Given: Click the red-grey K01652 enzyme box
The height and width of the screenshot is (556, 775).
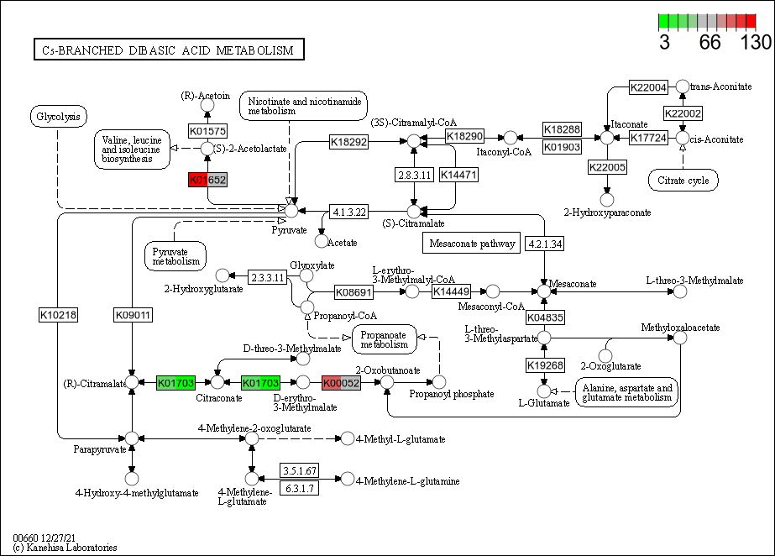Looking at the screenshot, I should [207, 180].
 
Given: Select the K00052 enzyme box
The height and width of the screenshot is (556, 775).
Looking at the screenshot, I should [341, 383].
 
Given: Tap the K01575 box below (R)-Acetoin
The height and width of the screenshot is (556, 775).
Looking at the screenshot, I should [207, 131].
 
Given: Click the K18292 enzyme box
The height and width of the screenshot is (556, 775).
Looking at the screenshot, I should [348, 142].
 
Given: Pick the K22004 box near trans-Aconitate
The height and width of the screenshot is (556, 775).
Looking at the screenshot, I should [648, 87].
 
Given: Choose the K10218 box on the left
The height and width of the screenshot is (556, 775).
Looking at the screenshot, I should [58, 315].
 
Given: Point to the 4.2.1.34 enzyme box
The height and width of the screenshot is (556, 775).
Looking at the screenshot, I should [544, 244].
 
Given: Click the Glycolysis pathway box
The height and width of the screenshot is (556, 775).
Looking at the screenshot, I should [58, 117].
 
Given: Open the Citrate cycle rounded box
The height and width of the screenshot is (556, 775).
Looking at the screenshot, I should [683, 180].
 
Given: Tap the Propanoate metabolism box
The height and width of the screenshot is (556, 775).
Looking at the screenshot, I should [385, 338].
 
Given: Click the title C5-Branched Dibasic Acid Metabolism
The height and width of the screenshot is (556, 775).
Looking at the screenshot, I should [168, 50].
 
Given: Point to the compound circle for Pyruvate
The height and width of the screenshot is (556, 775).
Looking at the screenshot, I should [291, 210].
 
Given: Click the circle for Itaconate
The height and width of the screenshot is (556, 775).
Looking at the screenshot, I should [607, 137].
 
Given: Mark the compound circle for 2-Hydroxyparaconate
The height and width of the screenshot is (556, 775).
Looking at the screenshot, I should [607, 199].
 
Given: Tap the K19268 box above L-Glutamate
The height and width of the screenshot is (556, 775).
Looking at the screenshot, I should [544, 365].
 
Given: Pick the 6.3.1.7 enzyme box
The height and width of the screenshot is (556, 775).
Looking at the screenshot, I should [299, 488].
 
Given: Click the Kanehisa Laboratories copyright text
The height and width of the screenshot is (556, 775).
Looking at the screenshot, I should [65, 548].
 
